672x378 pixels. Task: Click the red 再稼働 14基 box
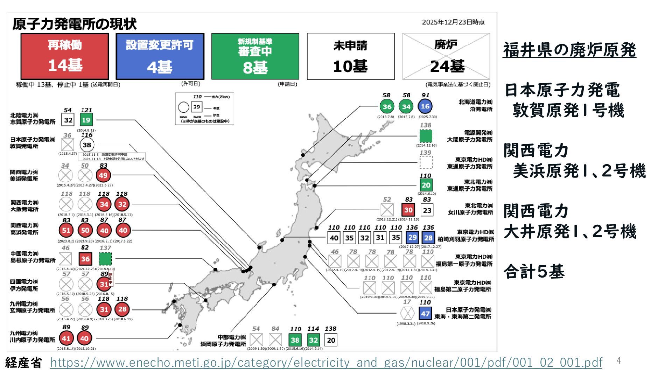click(65, 56)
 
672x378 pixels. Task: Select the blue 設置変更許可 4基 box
click(160, 56)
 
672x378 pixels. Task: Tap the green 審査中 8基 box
click(255, 56)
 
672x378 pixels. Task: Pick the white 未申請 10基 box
click(350, 56)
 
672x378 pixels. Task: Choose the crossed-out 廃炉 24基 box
click(446, 56)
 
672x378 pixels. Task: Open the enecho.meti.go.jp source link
click(326, 363)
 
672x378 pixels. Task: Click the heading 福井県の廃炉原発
click(569, 50)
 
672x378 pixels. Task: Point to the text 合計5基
click(534, 272)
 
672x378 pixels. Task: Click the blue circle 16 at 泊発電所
click(425, 106)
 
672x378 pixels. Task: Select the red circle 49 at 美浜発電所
click(103, 175)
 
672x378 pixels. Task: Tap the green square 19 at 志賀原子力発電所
click(86, 120)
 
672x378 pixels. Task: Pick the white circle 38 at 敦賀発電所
click(87, 145)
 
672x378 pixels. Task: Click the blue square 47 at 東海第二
click(425, 314)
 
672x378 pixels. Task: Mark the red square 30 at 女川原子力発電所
click(408, 210)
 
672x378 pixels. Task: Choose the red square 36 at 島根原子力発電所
click(85, 259)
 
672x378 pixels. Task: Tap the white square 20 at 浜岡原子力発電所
click(331, 340)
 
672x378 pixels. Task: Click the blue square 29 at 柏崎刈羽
click(413, 238)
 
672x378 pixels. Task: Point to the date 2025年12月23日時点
click(453, 22)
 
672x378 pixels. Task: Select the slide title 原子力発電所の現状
click(75, 24)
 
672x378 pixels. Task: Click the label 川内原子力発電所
click(33, 339)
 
